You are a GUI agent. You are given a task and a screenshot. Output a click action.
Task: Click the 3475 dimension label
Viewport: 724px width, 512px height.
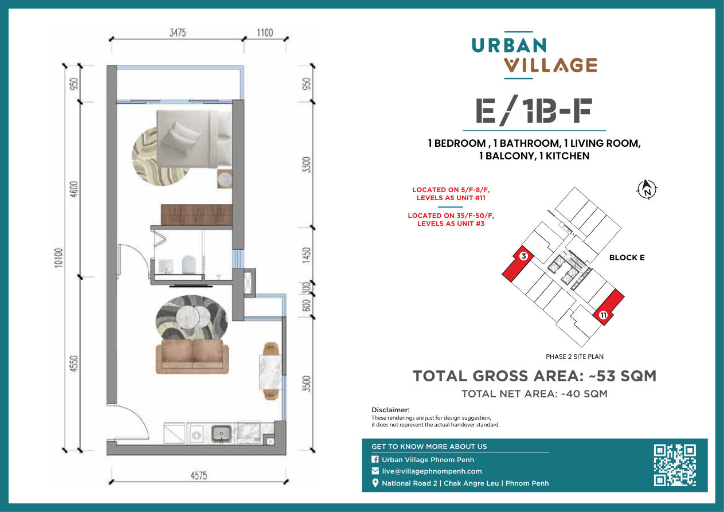[x=178, y=33]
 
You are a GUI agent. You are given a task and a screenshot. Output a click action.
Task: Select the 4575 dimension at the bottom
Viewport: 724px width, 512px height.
[x=198, y=475]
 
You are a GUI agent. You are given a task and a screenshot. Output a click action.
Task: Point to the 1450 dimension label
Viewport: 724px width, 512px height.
[x=307, y=255]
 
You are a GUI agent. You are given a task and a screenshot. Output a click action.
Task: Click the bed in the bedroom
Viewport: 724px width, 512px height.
[x=194, y=139]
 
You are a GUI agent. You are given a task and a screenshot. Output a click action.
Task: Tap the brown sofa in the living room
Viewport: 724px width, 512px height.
[x=192, y=356]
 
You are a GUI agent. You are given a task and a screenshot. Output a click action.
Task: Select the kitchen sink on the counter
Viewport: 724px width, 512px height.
[x=221, y=433]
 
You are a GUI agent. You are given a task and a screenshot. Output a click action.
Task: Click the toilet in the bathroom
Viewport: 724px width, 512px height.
[x=189, y=264]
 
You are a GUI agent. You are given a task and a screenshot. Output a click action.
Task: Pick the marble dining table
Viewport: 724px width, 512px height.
[x=271, y=372]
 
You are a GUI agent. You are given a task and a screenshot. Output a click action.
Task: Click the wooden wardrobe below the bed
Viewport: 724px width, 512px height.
[x=197, y=214]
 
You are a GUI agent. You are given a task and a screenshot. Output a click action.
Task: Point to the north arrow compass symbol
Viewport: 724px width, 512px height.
[x=647, y=189]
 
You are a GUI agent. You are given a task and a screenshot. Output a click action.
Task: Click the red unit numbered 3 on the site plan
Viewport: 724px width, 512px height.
[x=518, y=263]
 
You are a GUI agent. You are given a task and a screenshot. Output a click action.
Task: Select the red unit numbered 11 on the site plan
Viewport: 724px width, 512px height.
[x=608, y=307]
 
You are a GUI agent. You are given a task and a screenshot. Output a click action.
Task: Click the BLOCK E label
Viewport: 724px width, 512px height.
[x=627, y=257]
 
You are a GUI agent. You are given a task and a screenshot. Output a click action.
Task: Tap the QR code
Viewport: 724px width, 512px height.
[x=675, y=465]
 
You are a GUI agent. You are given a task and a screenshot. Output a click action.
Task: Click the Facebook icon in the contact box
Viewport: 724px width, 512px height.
[x=375, y=459]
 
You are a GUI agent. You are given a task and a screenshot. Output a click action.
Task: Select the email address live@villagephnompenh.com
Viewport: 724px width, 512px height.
[x=432, y=471]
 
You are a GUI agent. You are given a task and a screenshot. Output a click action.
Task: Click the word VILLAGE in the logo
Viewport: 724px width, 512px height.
[x=550, y=65]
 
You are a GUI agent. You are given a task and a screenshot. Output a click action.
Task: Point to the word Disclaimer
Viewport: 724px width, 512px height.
[x=390, y=410]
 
